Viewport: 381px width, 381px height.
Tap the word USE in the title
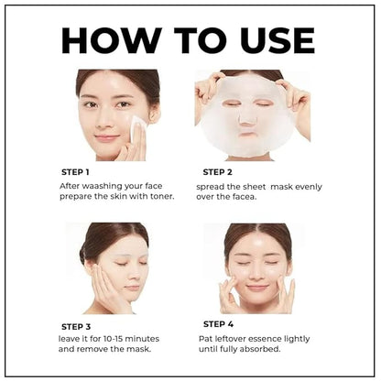click(268, 39)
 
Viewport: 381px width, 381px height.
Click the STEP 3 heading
click(76, 326)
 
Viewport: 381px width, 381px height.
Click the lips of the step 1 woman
click(108, 138)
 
